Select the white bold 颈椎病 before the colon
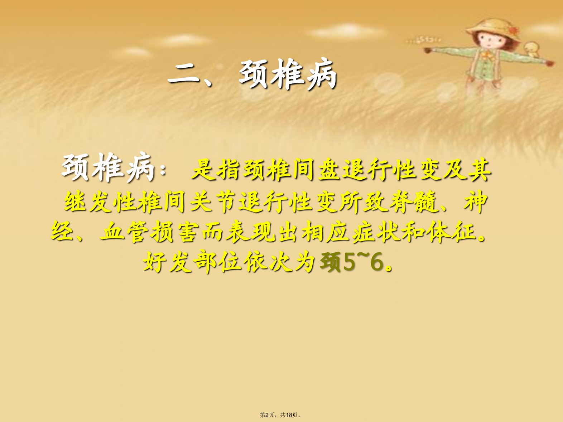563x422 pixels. [x=108, y=168]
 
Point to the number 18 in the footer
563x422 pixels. [x=289, y=415]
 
